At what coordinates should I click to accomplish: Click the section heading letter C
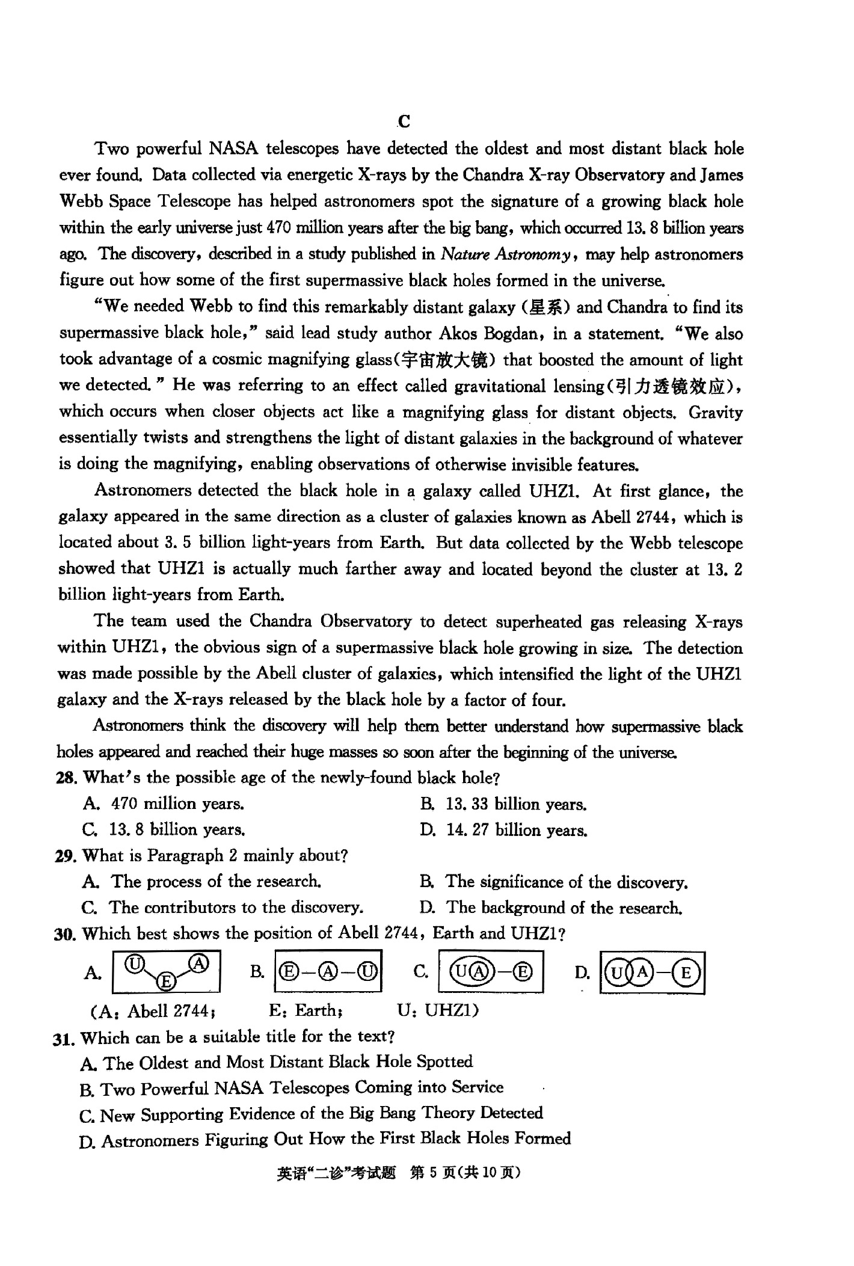pyautogui.click(x=404, y=121)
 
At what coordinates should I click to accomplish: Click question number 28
pyautogui.click(x=66, y=778)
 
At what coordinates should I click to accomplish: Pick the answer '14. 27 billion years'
pyautogui.click(x=516, y=830)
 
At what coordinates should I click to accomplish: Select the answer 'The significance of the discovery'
pyautogui.click(x=565, y=882)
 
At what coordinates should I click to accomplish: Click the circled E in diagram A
pyautogui.click(x=166, y=982)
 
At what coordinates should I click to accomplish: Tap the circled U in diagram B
pyautogui.click(x=367, y=972)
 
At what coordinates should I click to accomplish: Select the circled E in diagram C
pyautogui.click(x=523, y=972)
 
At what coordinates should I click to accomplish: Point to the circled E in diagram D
pyautogui.click(x=685, y=973)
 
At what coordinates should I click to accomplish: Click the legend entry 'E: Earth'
pyautogui.click(x=306, y=1010)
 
